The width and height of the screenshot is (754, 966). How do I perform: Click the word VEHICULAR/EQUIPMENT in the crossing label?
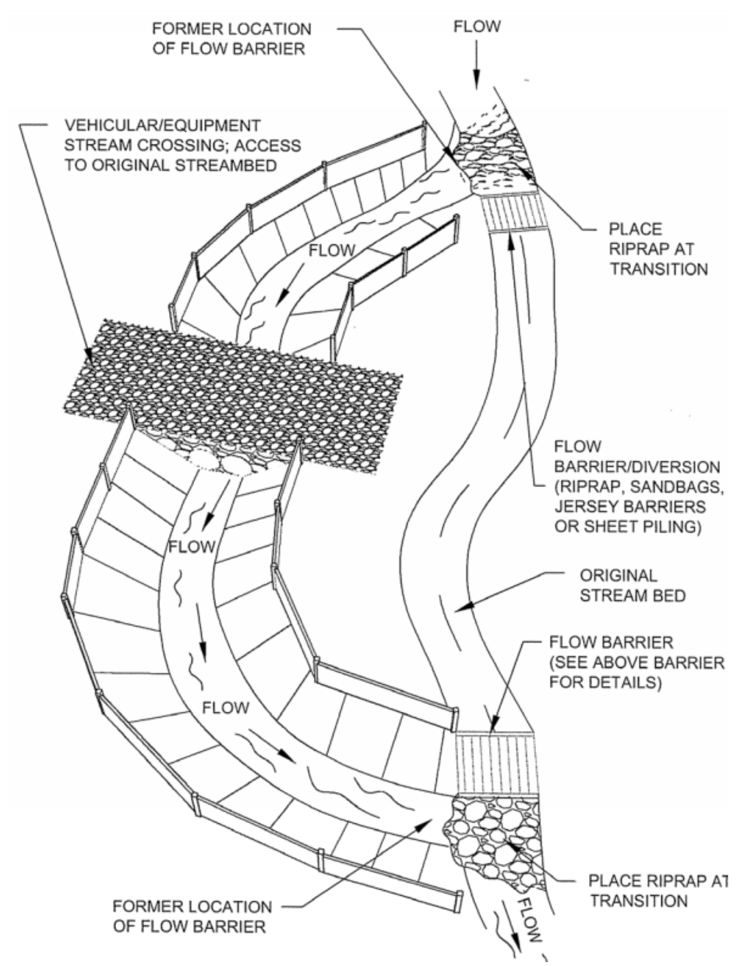(x=162, y=125)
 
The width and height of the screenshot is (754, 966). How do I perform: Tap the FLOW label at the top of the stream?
(x=477, y=26)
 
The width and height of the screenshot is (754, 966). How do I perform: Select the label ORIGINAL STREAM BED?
(x=632, y=585)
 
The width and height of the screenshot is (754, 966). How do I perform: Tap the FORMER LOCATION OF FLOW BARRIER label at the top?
(x=231, y=38)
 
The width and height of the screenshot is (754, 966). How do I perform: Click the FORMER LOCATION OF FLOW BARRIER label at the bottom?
(x=192, y=916)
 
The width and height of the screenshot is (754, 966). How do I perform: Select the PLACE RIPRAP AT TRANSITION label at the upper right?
(x=658, y=249)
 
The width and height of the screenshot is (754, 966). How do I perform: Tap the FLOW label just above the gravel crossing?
(x=332, y=250)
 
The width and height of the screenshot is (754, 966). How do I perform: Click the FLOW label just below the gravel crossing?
(x=192, y=547)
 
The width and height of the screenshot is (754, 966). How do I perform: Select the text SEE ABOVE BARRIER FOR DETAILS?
(x=636, y=673)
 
